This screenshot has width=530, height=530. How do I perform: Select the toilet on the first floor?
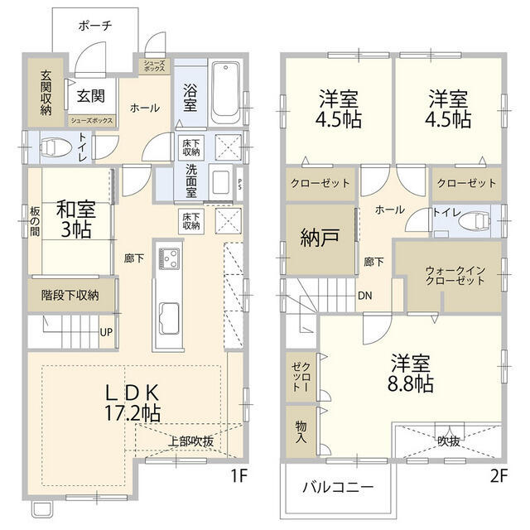click(x=55, y=147)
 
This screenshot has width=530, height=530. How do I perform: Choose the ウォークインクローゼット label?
click(x=455, y=276)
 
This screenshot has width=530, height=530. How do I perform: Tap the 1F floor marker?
click(x=239, y=477)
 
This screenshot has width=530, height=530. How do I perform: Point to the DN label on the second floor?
click(x=364, y=296)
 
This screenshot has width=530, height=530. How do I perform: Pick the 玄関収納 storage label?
click(x=46, y=91)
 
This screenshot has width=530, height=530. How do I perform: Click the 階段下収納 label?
click(x=70, y=295)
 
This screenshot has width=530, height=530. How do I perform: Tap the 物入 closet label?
click(x=300, y=432)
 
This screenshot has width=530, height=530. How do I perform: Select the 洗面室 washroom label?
click(x=190, y=181)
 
